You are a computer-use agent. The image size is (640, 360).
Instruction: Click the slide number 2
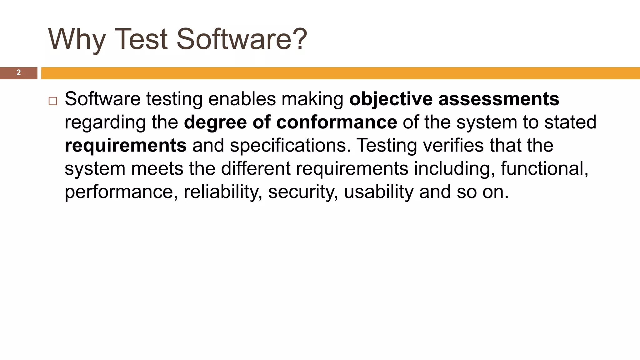click(18, 73)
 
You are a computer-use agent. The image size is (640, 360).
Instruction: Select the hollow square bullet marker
click(53, 101)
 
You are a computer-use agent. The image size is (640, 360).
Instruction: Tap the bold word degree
click(215, 122)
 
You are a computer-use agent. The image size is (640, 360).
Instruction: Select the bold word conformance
click(337, 122)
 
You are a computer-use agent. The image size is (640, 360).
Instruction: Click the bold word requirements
click(126, 146)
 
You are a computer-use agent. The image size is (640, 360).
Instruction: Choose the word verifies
click(453, 146)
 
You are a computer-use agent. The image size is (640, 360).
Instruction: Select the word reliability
click(223, 192)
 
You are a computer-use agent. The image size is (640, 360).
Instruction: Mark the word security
click(303, 192)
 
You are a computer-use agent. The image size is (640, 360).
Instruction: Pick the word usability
click(378, 192)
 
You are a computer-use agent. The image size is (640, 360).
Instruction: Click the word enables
click(242, 99)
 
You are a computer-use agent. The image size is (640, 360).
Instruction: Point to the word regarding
click(105, 123)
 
